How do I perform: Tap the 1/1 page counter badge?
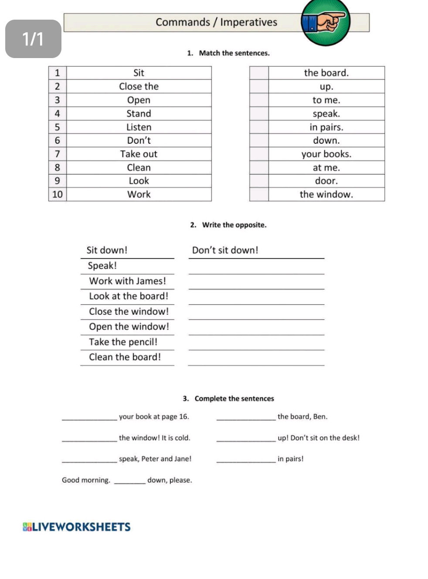click(x=33, y=39)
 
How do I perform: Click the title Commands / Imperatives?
click(x=216, y=22)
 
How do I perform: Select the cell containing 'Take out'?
click(x=139, y=154)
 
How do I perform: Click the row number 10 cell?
click(x=58, y=195)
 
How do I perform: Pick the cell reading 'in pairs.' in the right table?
click(x=326, y=128)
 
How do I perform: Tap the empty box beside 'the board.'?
click(x=259, y=73)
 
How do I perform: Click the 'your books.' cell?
click(x=326, y=154)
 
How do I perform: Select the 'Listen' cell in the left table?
click(x=139, y=128)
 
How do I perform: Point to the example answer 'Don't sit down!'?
click(x=225, y=250)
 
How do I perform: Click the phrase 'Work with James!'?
click(x=127, y=281)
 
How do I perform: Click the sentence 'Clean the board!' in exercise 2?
click(x=125, y=357)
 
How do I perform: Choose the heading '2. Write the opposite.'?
click(x=228, y=225)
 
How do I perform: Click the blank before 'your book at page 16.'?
click(x=89, y=417)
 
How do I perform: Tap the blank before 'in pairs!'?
click(x=246, y=459)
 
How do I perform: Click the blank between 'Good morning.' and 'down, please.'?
click(x=129, y=481)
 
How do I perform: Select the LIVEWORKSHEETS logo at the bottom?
click(x=77, y=527)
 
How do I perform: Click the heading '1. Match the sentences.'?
click(x=228, y=53)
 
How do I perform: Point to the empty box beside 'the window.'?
click(x=259, y=195)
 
